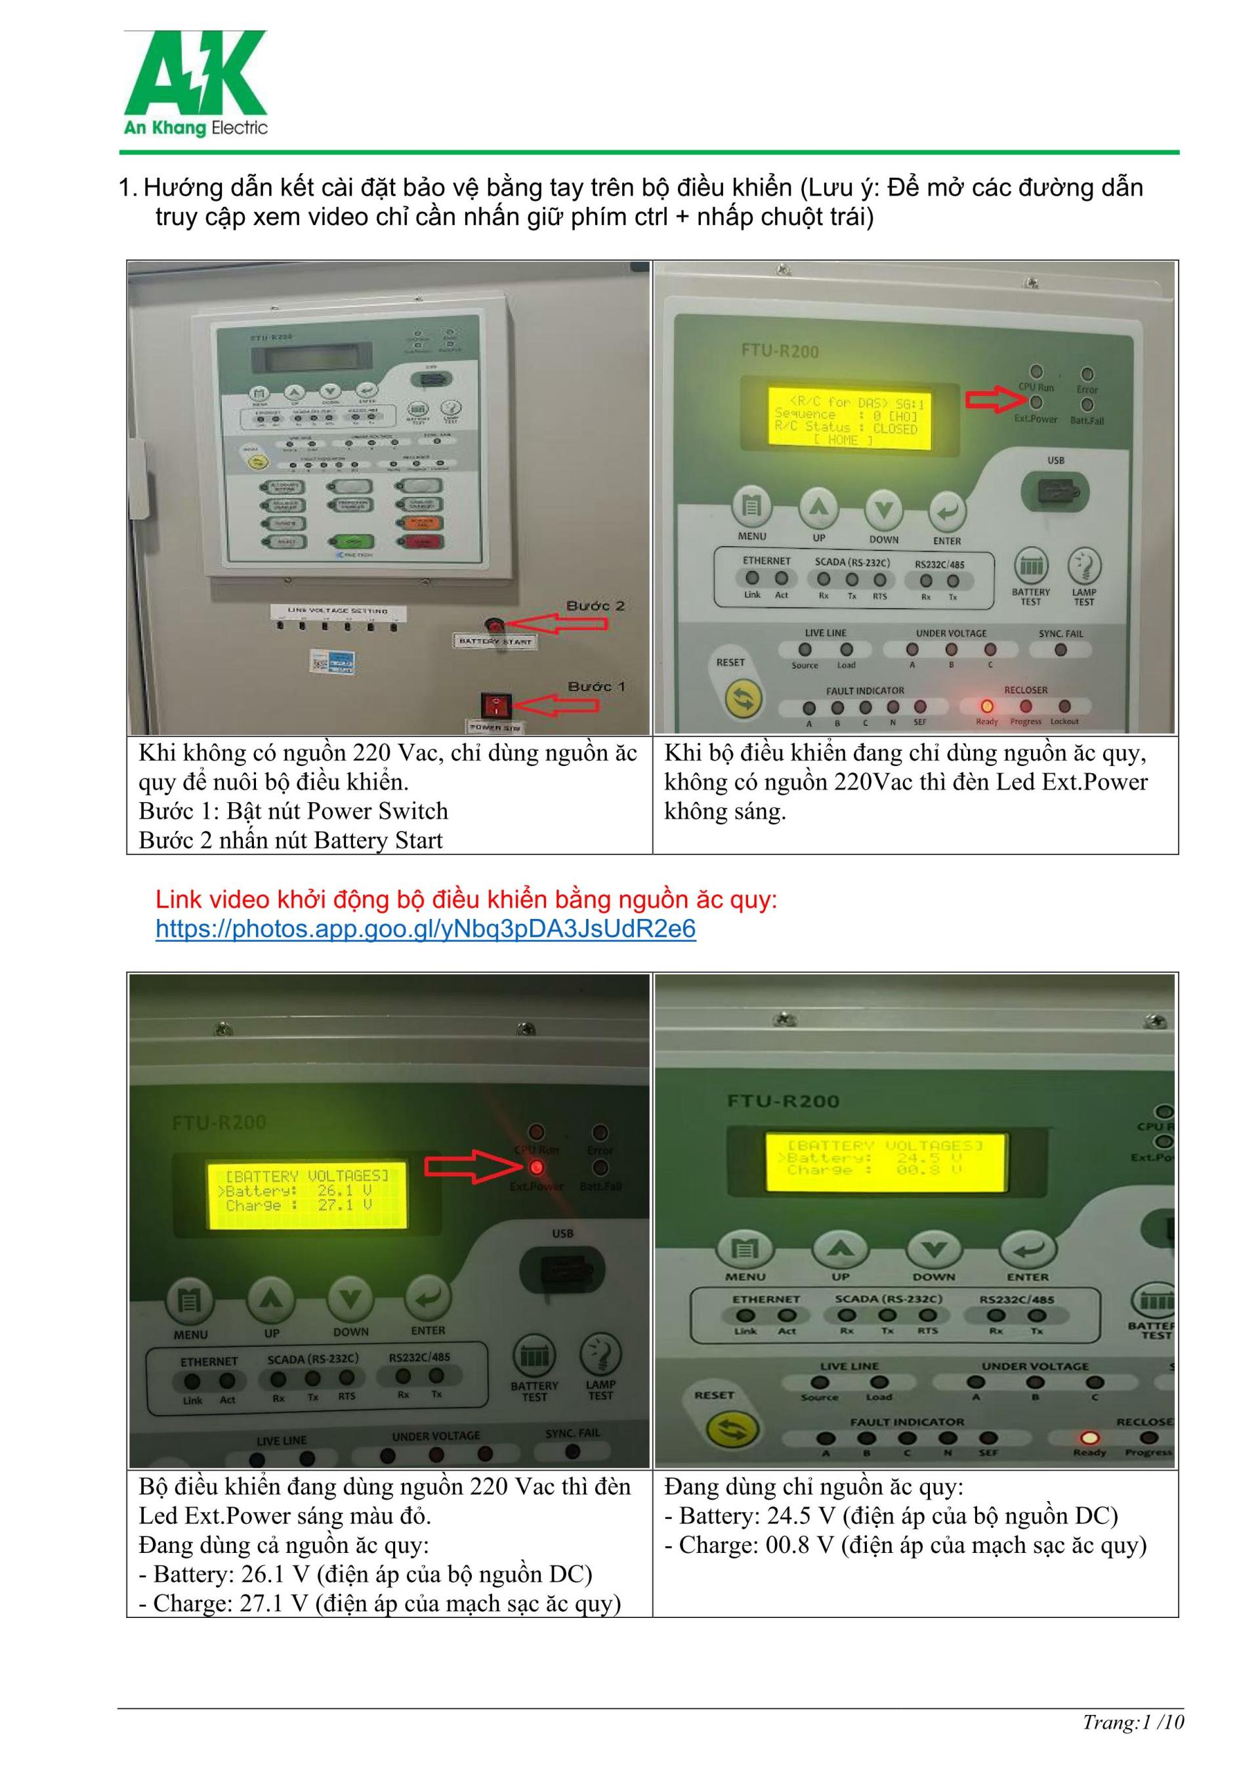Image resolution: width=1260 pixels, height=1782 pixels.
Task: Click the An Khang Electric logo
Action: click(196, 84)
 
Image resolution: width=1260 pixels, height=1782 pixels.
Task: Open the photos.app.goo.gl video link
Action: click(425, 929)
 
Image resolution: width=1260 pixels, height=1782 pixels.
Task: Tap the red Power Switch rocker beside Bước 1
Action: click(494, 706)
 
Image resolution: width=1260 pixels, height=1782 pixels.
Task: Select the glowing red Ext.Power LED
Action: click(535, 1167)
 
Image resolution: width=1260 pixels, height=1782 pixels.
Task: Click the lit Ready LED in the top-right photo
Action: click(987, 706)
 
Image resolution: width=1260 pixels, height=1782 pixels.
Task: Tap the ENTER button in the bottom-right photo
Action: click(1027, 1249)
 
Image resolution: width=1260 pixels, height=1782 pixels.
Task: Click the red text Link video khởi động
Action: click(465, 901)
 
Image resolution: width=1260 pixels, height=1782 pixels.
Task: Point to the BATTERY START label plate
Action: click(495, 642)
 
